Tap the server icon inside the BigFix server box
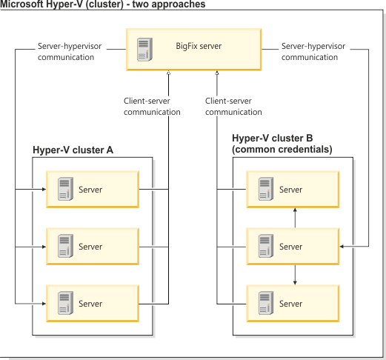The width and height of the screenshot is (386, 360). pyautogui.click(x=144, y=48)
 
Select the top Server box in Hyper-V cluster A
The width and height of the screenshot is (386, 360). pyautogui.click(x=93, y=190)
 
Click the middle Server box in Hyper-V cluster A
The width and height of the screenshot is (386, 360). pyautogui.click(x=93, y=247)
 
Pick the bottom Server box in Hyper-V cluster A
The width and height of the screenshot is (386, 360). pyautogui.click(x=93, y=304)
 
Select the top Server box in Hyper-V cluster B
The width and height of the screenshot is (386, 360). pyautogui.click(x=294, y=190)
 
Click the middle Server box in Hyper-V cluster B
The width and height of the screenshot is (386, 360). pyautogui.click(x=294, y=247)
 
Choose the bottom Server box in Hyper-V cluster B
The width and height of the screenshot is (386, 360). pyautogui.click(x=294, y=304)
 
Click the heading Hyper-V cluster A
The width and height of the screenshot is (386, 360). pyautogui.click(x=73, y=150)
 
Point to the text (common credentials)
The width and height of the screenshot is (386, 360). pyautogui.click(x=282, y=149)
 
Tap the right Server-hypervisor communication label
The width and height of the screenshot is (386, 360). pyautogui.click(x=310, y=51)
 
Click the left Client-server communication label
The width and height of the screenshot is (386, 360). pyautogui.click(x=152, y=107)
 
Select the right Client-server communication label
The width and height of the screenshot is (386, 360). pyautogui.click(x=233, y=107)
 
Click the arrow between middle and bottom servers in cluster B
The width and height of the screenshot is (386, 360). pyautogui.click(x=296, y=275)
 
